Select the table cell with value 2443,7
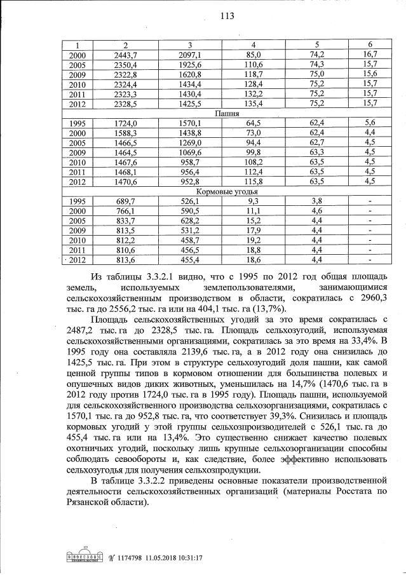point(125,55)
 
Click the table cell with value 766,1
point(125,210)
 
